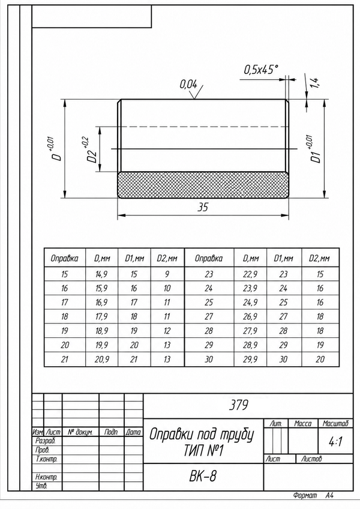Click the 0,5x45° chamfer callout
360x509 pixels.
260,70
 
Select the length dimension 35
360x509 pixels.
203,207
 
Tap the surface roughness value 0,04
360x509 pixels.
188,85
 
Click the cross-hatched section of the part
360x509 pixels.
203,184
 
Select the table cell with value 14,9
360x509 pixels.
101,274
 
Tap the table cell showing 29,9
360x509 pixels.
250,360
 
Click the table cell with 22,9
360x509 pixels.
250,274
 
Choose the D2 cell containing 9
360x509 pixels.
167,274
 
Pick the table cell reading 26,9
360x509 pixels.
250,316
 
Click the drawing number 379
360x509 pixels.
239,405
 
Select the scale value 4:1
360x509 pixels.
335,442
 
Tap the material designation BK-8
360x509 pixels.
203,476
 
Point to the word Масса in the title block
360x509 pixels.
302,424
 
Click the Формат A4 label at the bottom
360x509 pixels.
313,495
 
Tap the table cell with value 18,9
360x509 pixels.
101,331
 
